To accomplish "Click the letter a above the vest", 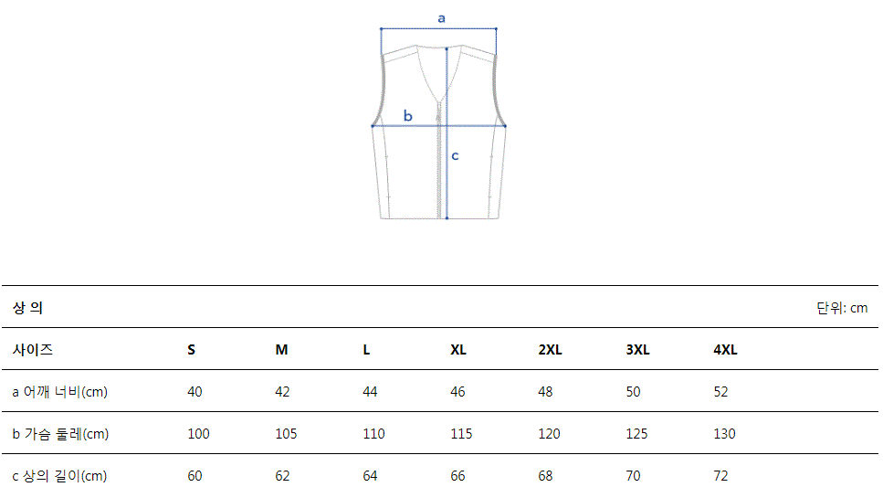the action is click(442, 18).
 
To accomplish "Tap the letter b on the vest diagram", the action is click(407, 115).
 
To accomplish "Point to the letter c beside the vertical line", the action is click(455, 155).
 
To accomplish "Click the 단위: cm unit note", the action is click(842, 308).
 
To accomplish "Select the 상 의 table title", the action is click(27, 308).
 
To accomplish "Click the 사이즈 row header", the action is click(33, 349).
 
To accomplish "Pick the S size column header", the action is click(192, 350).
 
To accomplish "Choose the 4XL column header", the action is click(725, 350).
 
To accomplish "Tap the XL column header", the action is click(458, 350).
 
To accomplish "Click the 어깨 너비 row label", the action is click(59, 392).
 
